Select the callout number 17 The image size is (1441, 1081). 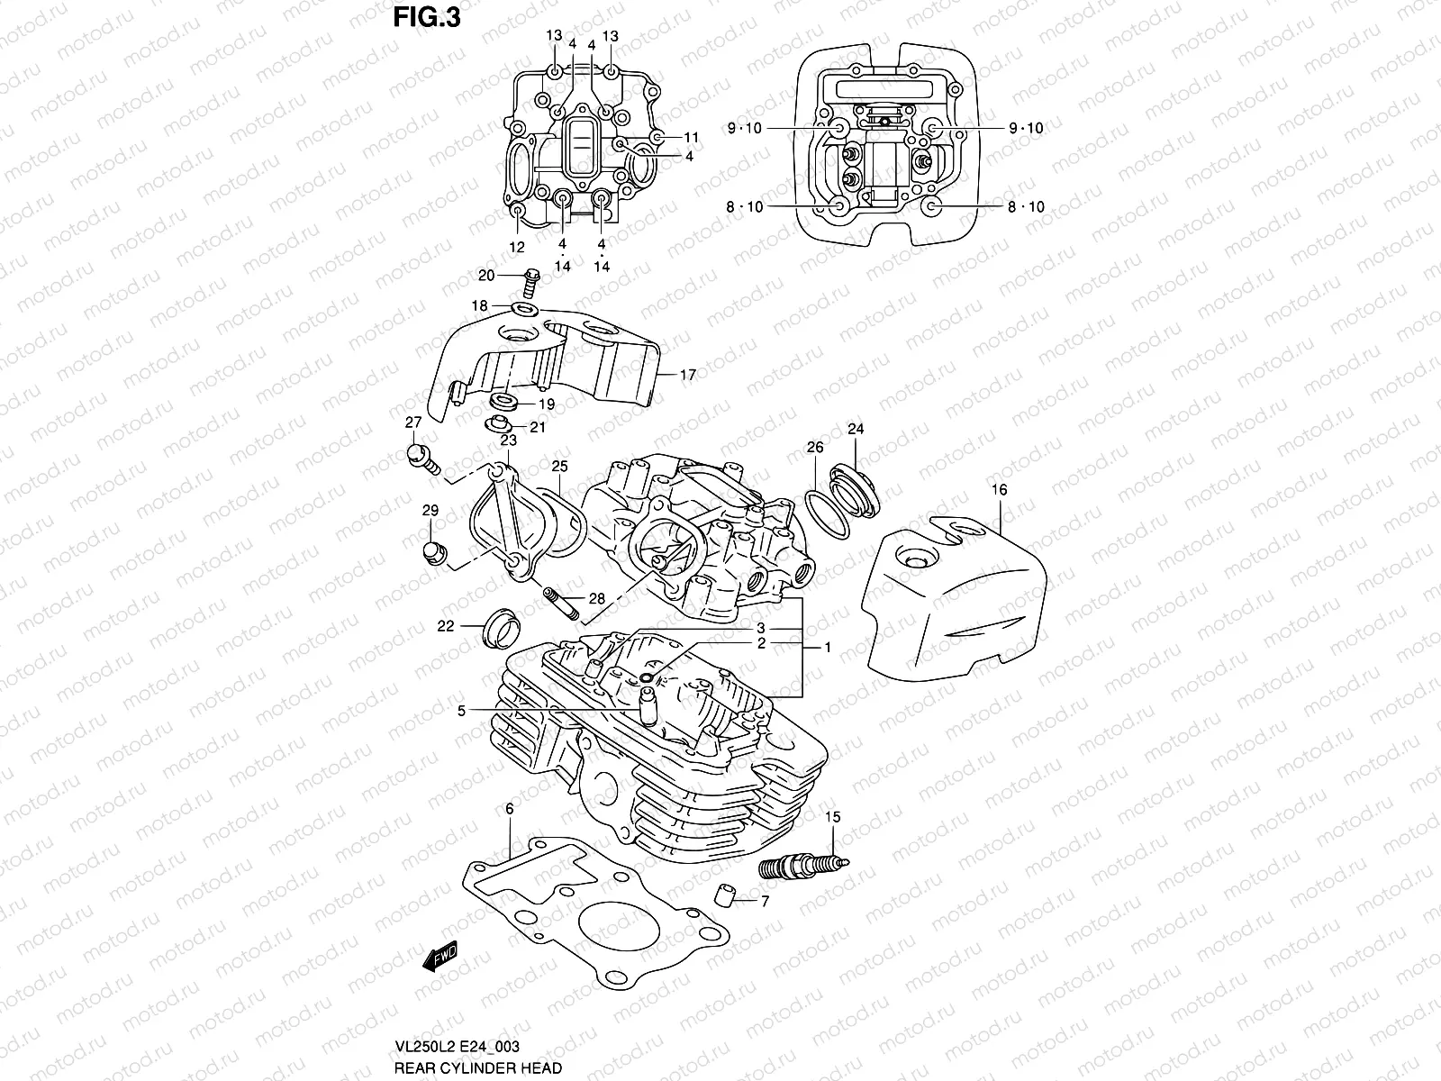click(687, 375)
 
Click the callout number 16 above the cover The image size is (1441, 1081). click(999, 490)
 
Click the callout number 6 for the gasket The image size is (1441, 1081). click(509, 810)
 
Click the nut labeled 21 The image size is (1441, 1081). click(498, 424)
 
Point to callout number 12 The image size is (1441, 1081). click(517, 247)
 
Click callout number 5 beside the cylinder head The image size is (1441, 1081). click(461, 711)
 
